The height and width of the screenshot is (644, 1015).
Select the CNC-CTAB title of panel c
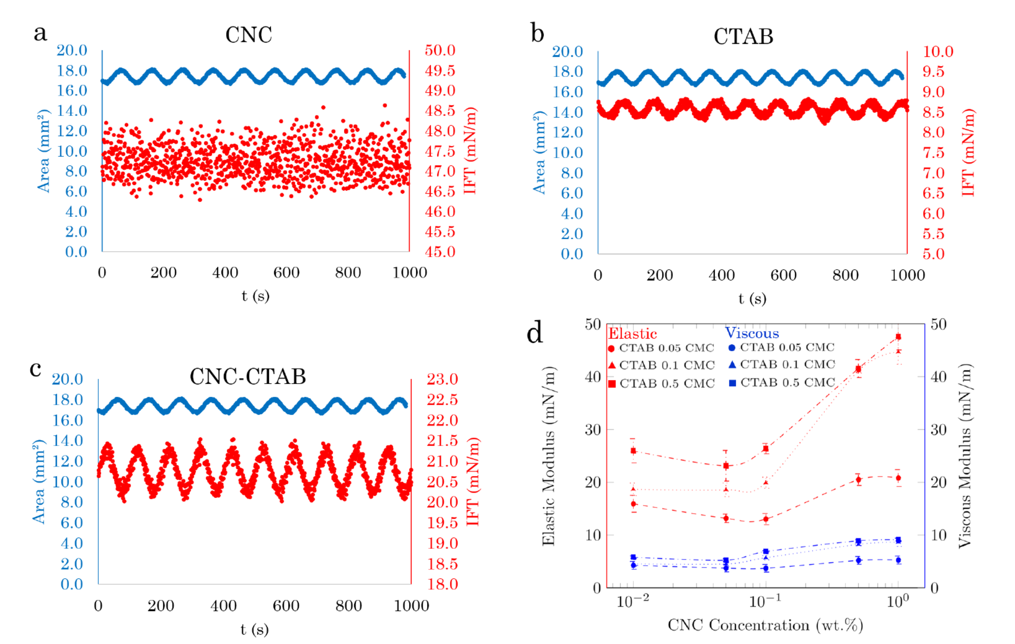click(248, 377)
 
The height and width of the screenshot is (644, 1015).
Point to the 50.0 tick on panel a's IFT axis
click(440, 50)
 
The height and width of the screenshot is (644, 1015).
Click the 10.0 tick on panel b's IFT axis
click(938, 51)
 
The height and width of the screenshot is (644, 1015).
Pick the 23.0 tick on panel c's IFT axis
click(442, 379)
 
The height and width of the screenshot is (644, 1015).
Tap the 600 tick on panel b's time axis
click(783, 275)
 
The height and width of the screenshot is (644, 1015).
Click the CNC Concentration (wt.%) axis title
click(765, 625)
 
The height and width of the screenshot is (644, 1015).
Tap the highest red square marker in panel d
click(898, 337)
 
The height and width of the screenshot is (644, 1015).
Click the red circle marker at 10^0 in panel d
click(898, 478)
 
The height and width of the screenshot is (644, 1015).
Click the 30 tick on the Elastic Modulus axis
click(593, 430)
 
